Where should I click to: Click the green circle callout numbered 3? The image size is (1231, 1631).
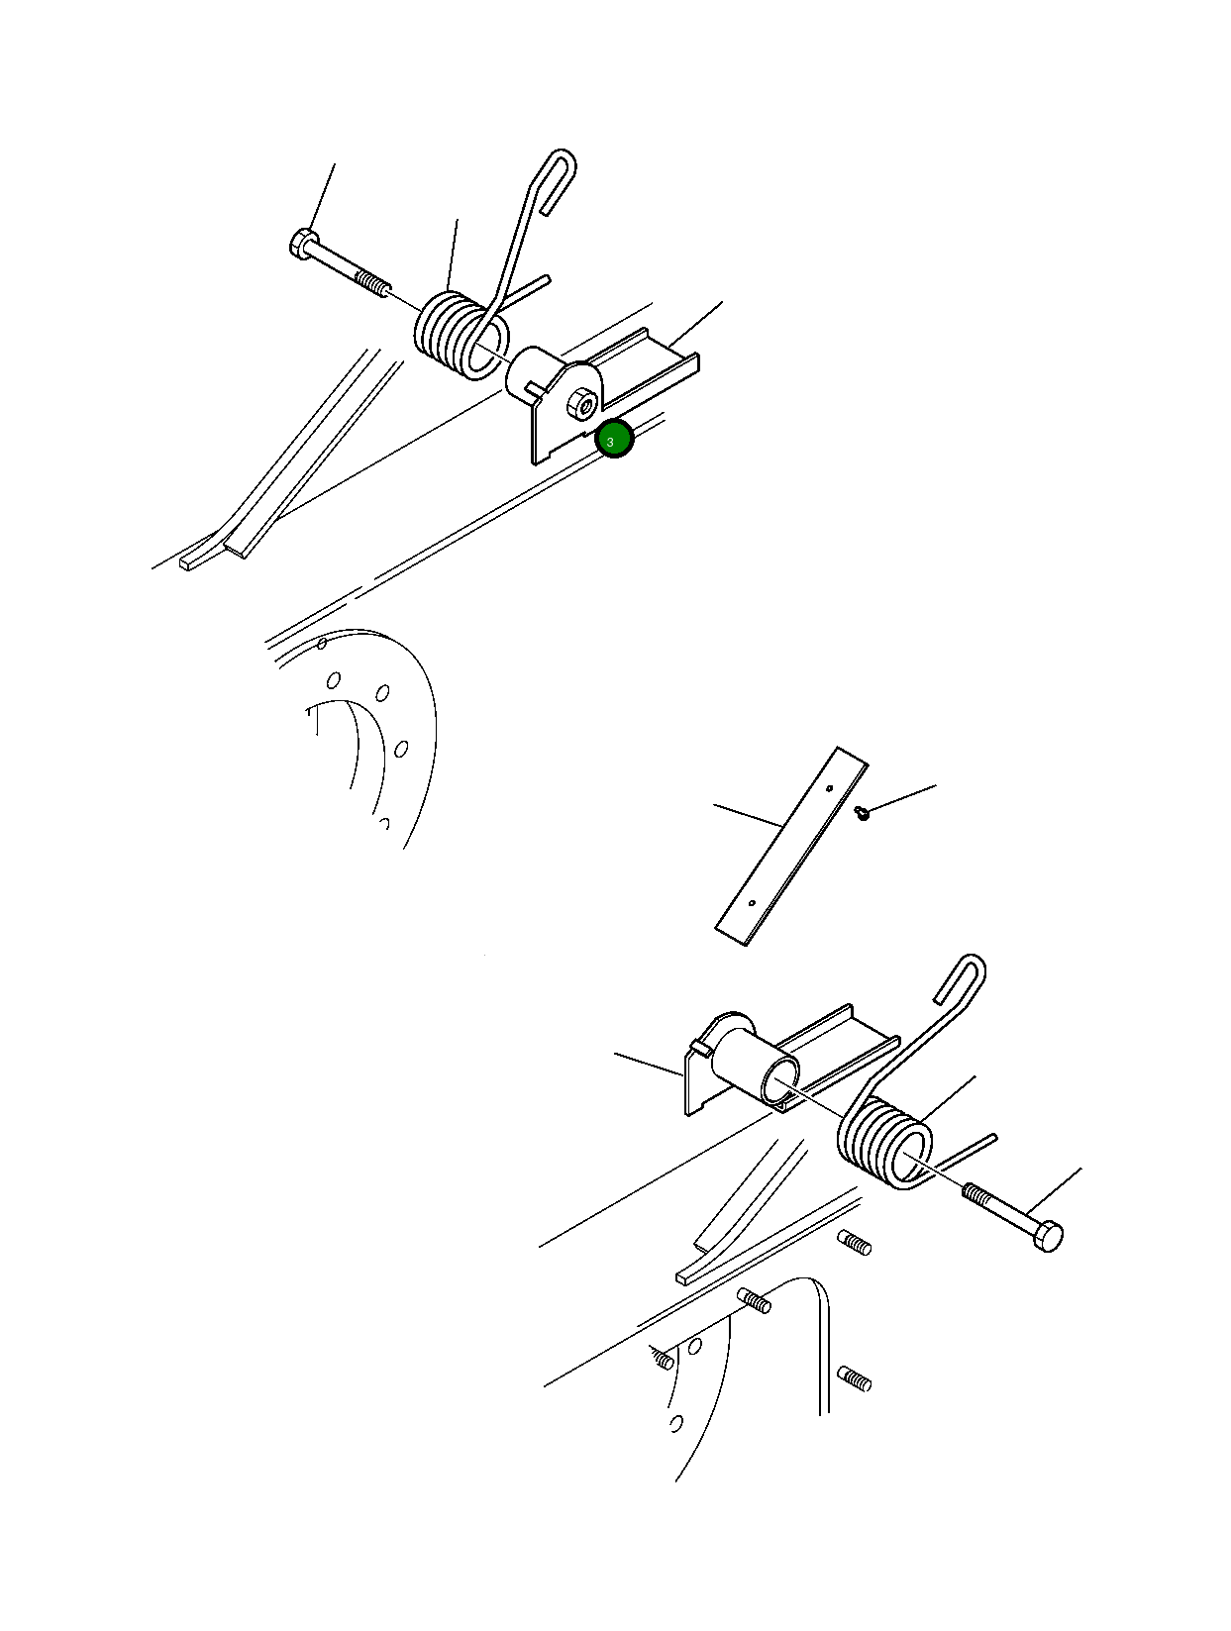[614, 439]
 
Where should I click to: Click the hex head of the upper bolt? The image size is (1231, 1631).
[303, 245]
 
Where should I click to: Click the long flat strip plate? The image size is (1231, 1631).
[791, 847]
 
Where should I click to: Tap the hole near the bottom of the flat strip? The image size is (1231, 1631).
[752, 903]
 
